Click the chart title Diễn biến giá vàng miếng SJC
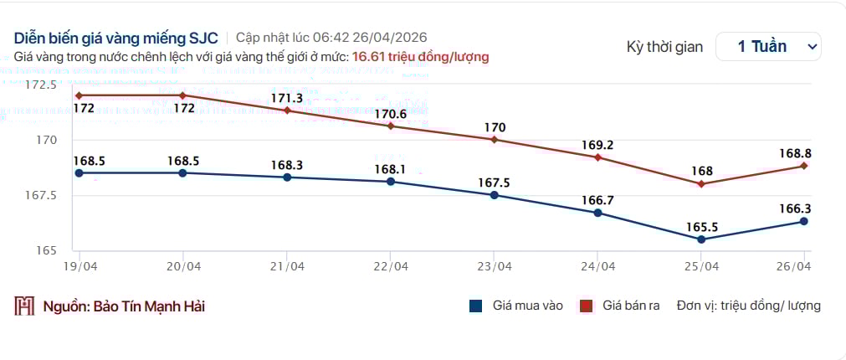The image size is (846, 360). pyautogui.click(x=115, y=38)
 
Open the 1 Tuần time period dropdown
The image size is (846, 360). pyautogui.click(x=768, y=47)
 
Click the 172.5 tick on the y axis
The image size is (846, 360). pyautogui.click(x=41, y=85)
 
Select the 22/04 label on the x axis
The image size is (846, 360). pyautogui.click(x=391, y=267)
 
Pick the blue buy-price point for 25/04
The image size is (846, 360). pyautogui.click(x=701, y=239)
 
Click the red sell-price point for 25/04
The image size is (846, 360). pyautogui.click(x=701, y=184)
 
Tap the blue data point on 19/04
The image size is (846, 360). pyautogui.click(x=79, y=173)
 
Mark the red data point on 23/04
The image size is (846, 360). pyautogui.click(x=494, y=140)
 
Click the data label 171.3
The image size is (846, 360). pyautogui.click(x=288, y=98)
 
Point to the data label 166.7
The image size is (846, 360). pyautogui.click(x=597, y=200)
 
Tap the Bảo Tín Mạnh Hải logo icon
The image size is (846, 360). pyautogui.click(x=24, y=306)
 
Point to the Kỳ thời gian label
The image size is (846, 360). pyautogui.click(x=664, y=47)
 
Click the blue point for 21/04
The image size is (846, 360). pyautogui.click(x=287, y=177)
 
